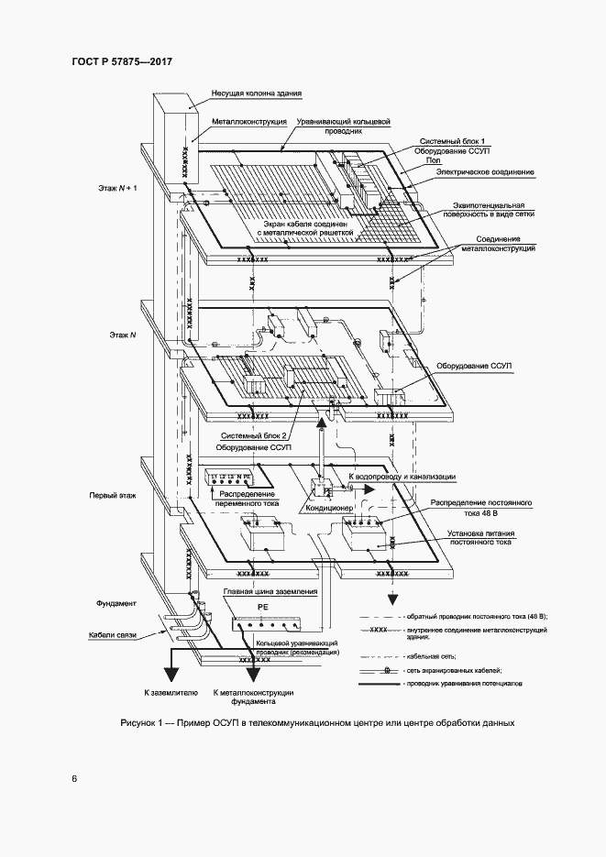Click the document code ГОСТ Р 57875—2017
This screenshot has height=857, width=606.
[122, 62]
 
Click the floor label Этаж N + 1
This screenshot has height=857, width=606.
[116, 187]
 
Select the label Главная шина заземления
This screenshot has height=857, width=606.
[270, 592]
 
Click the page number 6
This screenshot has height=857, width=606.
[74, 778]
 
